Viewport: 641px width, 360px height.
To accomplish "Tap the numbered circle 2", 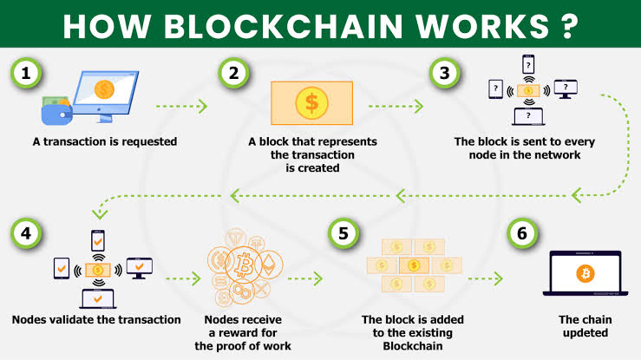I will tap(233, 75).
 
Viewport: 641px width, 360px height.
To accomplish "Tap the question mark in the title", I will tap(567, 26).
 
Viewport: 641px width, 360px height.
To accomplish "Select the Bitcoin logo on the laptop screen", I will tap(585, 274).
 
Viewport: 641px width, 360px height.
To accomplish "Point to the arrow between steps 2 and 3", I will tap(395, 107).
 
